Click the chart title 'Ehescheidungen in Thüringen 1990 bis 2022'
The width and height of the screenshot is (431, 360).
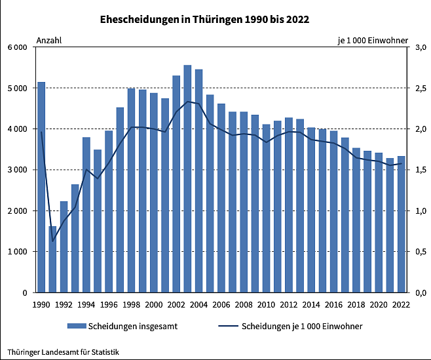[x=204, y=20]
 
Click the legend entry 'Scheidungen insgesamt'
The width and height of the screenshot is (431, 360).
[x=125, y=326]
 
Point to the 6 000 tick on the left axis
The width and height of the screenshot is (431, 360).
[x=17, y=47]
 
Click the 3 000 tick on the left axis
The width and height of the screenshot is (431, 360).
[x=17, y=170]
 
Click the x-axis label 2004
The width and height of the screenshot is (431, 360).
[x=198, y=304]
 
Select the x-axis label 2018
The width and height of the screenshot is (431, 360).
[x=356, y=304]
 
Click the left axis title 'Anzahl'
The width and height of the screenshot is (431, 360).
[x=49, y=41]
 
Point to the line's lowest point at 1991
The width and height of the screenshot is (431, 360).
[x=52, y=241]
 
